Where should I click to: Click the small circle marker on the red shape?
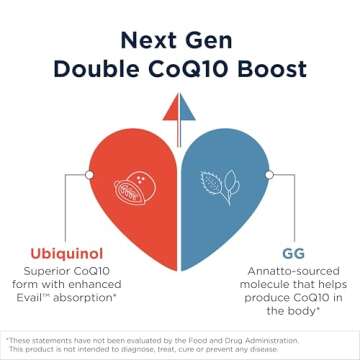90,174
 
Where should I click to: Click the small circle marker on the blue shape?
269,174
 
